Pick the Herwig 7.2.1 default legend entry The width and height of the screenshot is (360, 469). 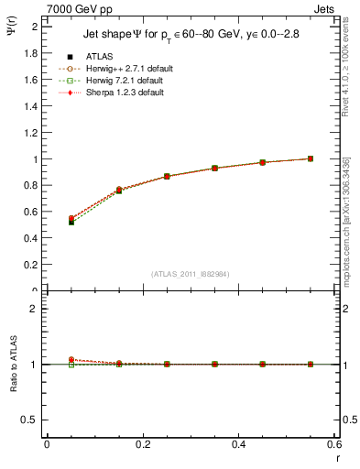(120, 81)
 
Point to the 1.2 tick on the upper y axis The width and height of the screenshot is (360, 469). (31, 133)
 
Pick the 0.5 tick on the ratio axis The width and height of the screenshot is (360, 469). (31, 420)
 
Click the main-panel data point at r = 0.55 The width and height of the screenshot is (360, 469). (311, 158)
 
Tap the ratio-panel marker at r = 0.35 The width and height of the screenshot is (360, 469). (214, 364)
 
